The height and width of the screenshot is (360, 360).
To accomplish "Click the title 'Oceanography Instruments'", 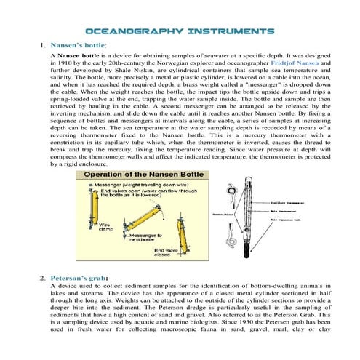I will point(180,32).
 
